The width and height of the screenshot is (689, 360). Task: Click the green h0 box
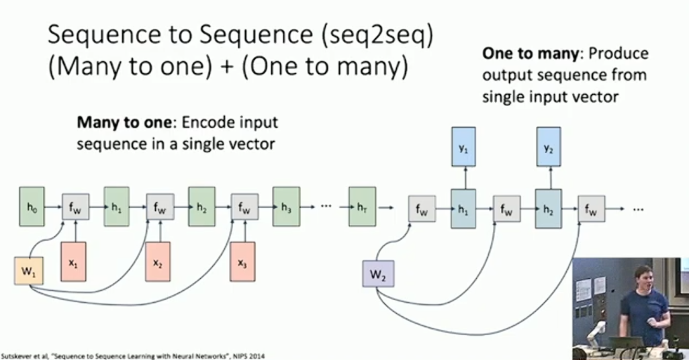tap(31, 208)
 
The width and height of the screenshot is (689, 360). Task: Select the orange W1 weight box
tap(28, 271)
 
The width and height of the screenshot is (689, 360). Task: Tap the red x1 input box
tap(74, 264)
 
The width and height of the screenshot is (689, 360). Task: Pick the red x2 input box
tap(158, 264)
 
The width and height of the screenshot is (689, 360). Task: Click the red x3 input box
tap(242, 264)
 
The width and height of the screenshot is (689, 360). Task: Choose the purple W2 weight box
tap(377, 274)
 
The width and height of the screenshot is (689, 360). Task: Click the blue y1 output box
tap(463, 146)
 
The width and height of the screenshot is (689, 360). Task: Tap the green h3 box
tap(285, 208)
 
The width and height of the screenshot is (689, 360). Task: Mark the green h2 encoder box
tap(201, 208)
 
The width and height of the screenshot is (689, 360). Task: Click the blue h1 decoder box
tap(463, 209)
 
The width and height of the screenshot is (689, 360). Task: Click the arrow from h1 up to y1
tap(463, 178)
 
